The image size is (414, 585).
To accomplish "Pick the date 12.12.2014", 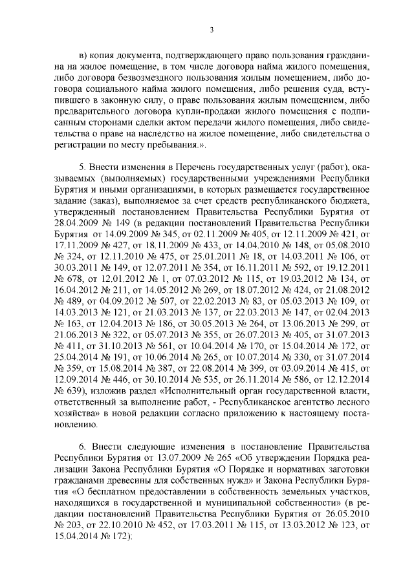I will click(345, 381).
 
